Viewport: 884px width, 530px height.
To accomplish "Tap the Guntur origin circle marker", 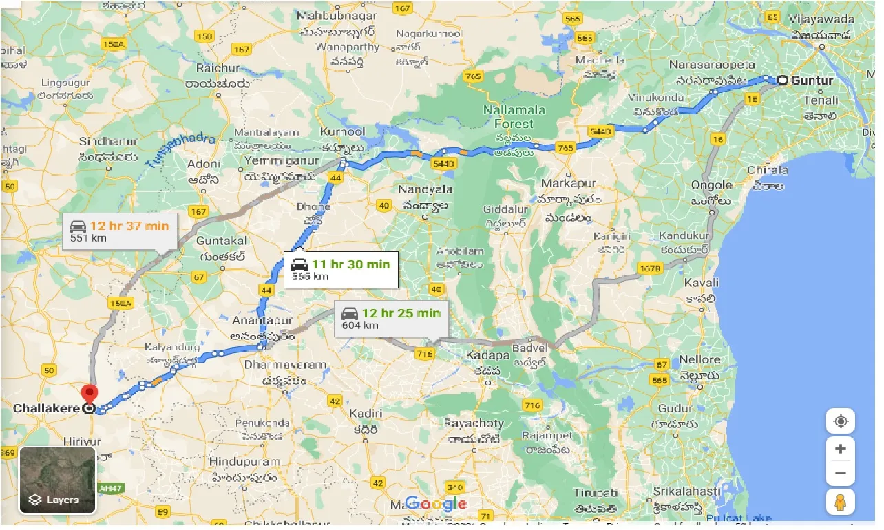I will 782,81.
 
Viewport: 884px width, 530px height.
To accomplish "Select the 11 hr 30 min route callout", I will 341,270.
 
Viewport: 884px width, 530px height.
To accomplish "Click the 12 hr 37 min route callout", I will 119,231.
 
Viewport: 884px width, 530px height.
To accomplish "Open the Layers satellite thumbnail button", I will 57,480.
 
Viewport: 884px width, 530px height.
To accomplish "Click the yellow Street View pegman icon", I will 840,503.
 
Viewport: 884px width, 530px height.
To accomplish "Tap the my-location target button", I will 840,421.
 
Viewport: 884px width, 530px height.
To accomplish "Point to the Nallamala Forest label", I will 514,117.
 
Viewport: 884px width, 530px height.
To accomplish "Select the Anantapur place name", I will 263,321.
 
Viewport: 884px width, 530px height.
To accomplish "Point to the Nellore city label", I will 699,359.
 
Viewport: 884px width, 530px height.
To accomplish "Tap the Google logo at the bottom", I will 435,505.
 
